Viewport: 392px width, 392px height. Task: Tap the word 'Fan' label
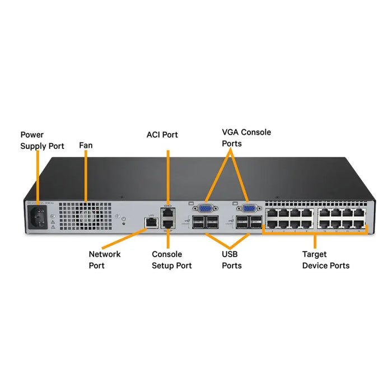tap(86, 146)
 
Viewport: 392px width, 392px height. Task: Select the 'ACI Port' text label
tap(162, 135)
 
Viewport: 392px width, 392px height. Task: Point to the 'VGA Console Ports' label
tap(246, 138)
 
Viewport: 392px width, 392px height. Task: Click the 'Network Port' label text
tap(104, 259)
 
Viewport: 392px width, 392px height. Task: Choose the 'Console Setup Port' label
tap(171, 259)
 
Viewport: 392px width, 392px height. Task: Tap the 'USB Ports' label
tap(232, 259)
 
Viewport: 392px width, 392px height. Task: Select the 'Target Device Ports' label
tap(325, 259)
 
